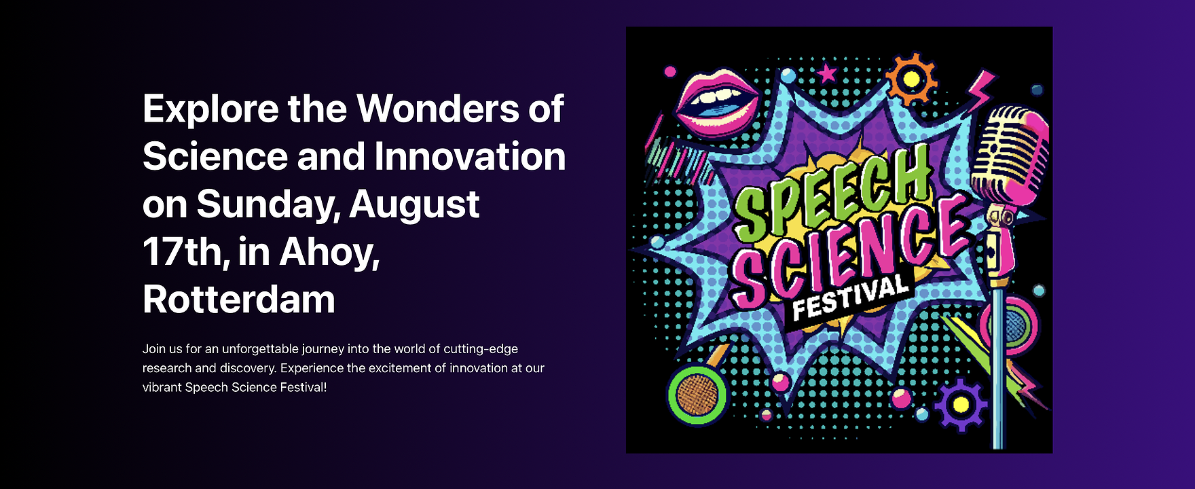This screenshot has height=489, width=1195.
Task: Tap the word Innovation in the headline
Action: click(470, 156)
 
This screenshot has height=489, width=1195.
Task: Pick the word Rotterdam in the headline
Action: click(239, 300)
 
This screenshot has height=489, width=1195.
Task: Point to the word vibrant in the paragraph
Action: click(162, 388)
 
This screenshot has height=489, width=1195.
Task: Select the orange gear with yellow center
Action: click(912, 80)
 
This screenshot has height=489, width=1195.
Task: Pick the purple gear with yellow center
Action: click(961, 405)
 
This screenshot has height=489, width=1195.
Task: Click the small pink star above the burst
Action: click(826, 72)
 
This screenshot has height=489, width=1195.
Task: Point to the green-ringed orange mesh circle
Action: click(697, 395)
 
